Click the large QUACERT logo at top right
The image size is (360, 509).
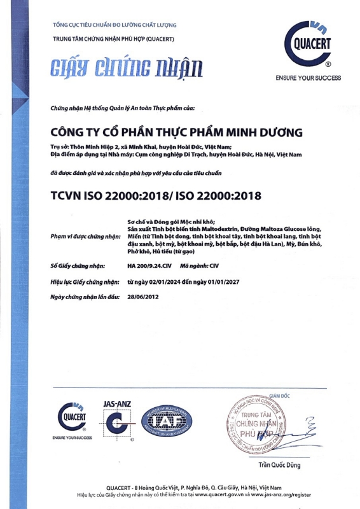(309, 46)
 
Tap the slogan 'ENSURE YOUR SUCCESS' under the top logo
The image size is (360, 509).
(308, 78)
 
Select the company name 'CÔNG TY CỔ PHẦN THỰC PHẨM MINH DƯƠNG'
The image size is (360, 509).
(167, 132)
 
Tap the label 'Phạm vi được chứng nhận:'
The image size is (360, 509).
(85, 236)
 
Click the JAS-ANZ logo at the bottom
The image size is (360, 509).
(115, 421)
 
